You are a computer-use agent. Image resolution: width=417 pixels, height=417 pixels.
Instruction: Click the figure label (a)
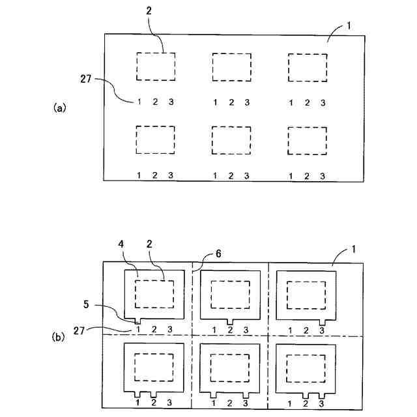click(59, 108)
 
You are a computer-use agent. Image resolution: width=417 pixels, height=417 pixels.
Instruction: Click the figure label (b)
click(59, 338)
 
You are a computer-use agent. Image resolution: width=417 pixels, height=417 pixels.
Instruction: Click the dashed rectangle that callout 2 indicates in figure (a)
click(155, 66)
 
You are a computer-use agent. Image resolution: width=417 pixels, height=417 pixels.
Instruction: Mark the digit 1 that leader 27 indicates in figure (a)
click(139, 102)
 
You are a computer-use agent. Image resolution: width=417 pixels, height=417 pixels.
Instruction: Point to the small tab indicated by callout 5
click(139, 321)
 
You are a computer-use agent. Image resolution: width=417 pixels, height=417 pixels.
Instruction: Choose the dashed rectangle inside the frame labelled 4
click(154, 294)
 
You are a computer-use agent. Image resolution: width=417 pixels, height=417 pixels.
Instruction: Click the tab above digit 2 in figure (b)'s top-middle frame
click(231, 321)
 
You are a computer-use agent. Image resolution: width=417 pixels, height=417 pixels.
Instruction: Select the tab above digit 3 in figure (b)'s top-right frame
click(322, 321)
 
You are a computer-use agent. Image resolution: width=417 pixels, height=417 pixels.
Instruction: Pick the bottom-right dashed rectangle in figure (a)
click(307, 140)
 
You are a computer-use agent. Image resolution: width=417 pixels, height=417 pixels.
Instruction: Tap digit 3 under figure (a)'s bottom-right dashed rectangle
click(323, 175)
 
